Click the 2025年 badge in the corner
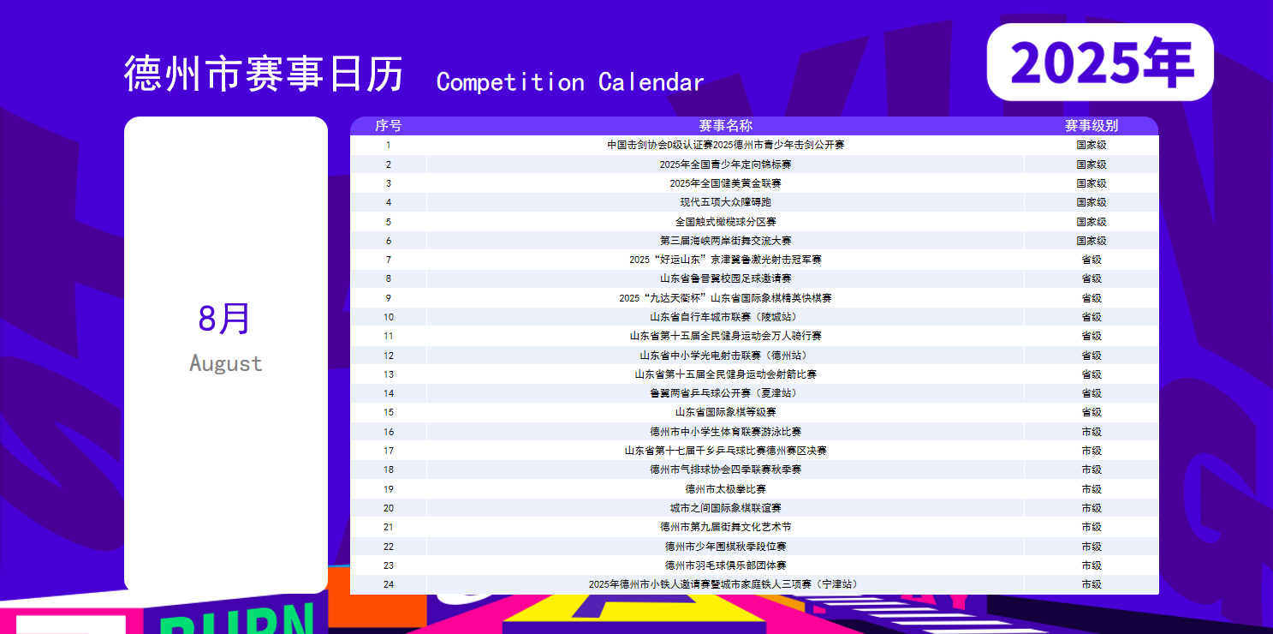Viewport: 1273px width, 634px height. [1100, 62]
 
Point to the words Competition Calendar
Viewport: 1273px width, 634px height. [570, 82]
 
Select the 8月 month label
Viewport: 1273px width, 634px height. [224, 318]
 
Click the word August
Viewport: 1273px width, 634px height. [226, 363]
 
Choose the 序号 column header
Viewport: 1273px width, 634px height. [388, 126]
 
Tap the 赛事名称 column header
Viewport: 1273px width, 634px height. [725, 126]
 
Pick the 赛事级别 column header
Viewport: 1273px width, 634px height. [1092, 126]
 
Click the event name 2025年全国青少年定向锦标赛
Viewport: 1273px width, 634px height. [725, 164]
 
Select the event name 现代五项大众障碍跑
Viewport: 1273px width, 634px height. [725, 202]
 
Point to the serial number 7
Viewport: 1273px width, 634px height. [388, 260]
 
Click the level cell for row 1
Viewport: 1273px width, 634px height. [1092, 145]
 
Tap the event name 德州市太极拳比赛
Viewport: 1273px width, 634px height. [725, 489]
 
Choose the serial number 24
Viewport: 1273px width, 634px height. [388, 584]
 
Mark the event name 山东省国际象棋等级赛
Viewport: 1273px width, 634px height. [725, 412]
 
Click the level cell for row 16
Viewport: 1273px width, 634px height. [1092, 432]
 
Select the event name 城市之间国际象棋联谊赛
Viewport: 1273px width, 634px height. [725, 508]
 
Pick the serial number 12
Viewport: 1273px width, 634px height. [388, 356]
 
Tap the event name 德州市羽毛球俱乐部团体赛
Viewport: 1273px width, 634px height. [725, 565]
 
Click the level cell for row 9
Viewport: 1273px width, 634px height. [1092, 298]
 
